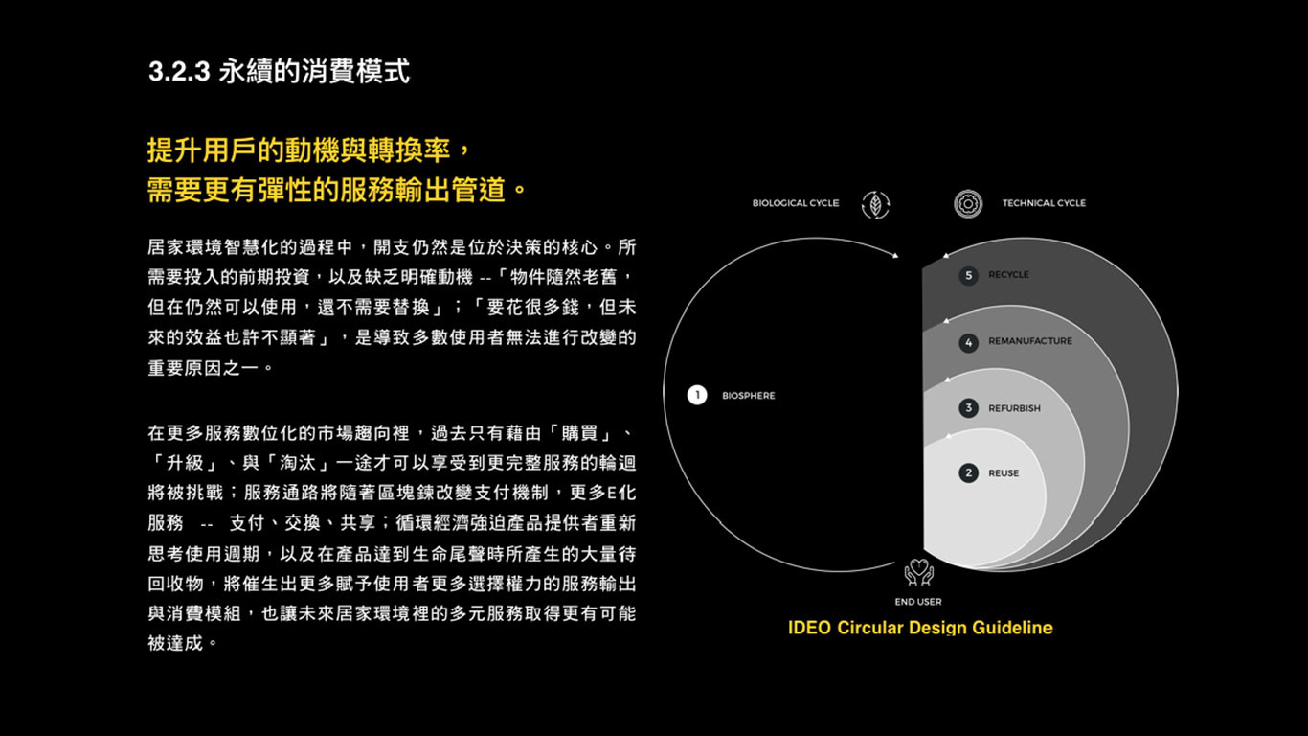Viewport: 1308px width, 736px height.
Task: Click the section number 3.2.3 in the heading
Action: pos(179,72)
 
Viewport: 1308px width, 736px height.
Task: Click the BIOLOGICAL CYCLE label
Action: pos(795,203)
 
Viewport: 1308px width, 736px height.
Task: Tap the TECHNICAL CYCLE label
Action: pos(1044,203)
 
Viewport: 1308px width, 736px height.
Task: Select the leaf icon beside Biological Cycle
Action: pos(875,204)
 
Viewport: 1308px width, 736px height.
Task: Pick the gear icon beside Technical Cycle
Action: pos(968,203)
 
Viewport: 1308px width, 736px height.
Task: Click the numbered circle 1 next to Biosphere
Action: pos(697,395)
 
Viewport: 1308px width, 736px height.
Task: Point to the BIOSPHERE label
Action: pos(749,396)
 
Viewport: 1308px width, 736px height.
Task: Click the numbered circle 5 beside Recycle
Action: pos(968,275)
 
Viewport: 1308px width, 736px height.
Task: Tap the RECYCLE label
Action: pos(1008,275)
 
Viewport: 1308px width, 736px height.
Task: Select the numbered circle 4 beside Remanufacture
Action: pos(968,342)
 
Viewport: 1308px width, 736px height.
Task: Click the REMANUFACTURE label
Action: pos(1030,341)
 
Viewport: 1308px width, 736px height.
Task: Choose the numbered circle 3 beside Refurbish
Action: pos(968,408)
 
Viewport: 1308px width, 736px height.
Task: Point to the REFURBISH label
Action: pos(1014,408)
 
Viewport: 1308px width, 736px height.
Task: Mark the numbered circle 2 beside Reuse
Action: pos(968,473)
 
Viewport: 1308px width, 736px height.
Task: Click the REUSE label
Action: pos(1004,473)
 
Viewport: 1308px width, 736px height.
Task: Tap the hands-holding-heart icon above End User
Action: pos(918,572)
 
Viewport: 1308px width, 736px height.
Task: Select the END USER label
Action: pos(918,602)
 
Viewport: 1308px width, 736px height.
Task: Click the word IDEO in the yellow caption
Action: pos(809,628)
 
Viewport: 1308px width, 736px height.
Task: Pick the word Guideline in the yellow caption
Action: pos(1012,628)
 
